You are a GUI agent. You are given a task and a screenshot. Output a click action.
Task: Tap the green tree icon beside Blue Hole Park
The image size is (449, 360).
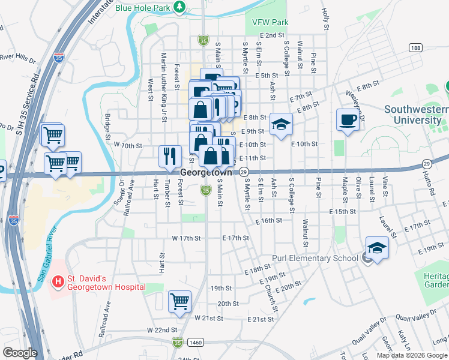pyautogui.click(x=179, y=7)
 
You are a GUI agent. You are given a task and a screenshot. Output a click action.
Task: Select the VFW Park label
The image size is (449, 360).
pyautogui.click(x=270, y=22)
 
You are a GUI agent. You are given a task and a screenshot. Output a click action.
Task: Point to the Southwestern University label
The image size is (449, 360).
pyautogui.click(x=416, y=115)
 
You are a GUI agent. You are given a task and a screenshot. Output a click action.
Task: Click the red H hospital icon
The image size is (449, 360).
pyautogui.click(x=58, y=280)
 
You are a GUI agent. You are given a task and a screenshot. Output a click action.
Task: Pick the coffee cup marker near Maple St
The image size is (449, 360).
pyautogui.click(x=348, y=119)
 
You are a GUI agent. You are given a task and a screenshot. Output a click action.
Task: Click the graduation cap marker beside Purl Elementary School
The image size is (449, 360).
pyautogui.click(x=376, y=247)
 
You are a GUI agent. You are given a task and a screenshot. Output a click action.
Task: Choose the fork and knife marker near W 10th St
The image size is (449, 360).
pyautogui.click(x=170, y=156)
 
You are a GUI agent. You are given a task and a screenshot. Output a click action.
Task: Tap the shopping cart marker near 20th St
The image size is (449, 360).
pyautogui.click(x=179, y=301)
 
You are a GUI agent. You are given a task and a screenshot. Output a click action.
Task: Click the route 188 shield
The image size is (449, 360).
pyautogui.click(x=414, y=47)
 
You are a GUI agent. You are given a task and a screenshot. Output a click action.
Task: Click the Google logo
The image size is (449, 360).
pyautogui.click(x=20, y=353)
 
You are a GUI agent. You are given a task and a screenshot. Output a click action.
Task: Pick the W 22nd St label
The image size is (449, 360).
pyautogui.click(x=162, y=330)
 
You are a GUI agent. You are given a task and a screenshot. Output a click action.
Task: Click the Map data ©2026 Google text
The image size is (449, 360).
pyautogui.click(x=411, y=355)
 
